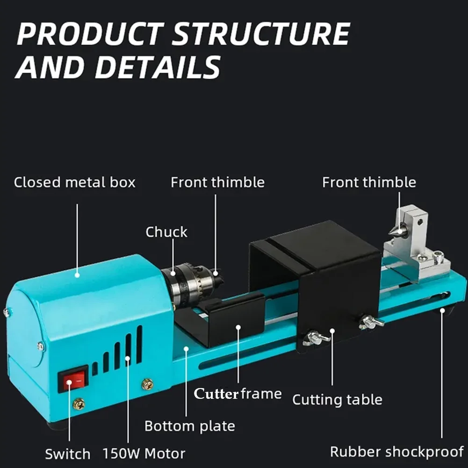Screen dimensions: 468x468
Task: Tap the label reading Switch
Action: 67,454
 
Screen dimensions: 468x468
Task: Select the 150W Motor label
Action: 144,453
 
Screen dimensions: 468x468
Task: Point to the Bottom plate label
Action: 189,426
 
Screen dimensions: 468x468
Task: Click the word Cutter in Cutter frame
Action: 216,394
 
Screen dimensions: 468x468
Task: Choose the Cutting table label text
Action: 337,400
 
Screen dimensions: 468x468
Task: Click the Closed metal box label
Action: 74,182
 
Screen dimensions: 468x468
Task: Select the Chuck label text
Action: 166,232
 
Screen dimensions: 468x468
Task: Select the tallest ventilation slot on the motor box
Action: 139,344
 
